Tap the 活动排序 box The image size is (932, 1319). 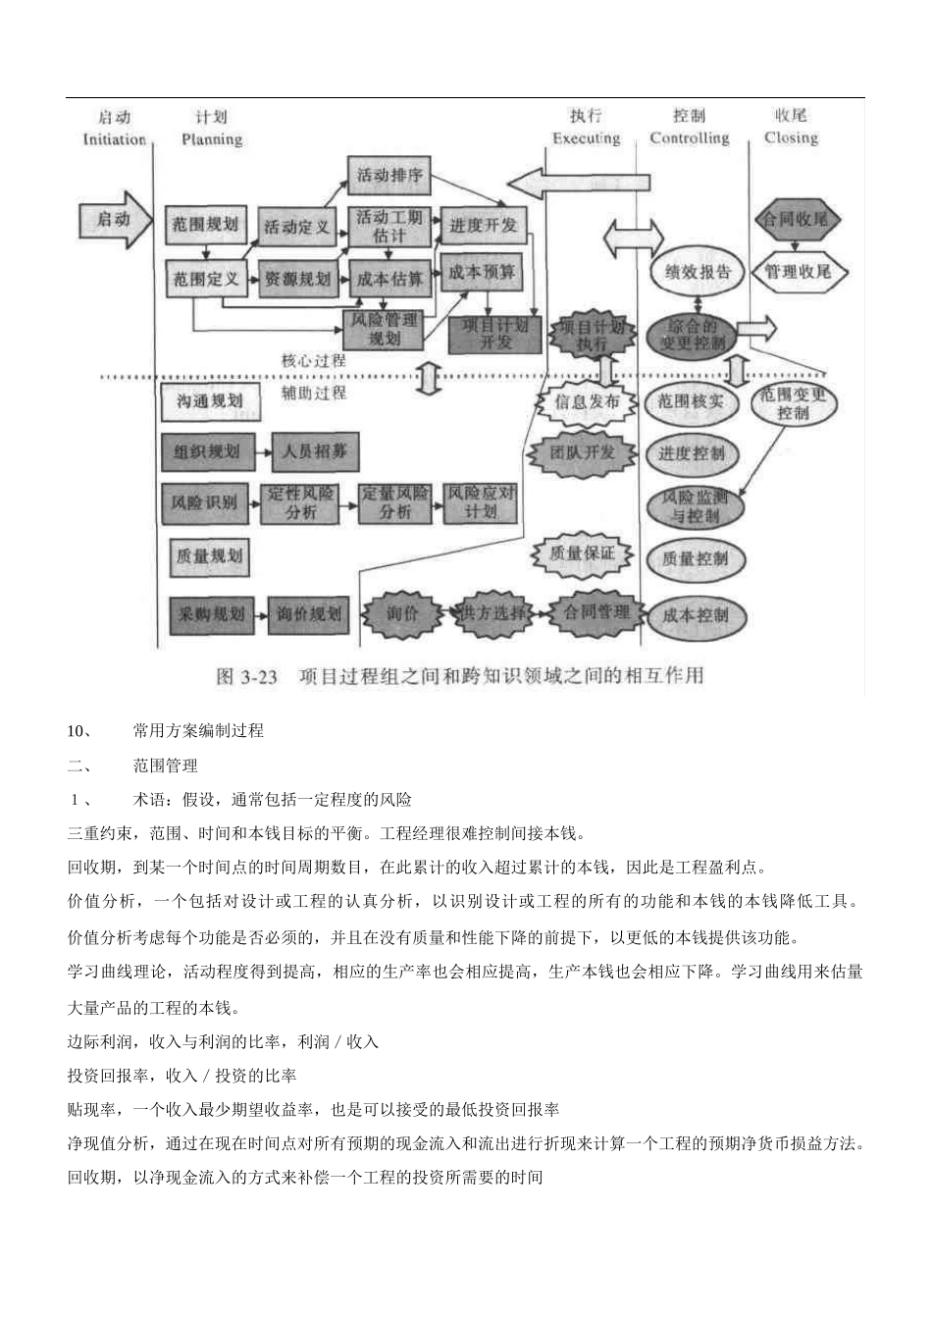coord(389,176)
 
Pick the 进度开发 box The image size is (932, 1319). coord(484,225)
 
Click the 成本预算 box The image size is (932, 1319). coord(483,273)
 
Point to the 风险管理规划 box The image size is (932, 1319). coord(384,329)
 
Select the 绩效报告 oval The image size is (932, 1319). coord(698,272)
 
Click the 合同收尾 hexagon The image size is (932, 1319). coord(797,219)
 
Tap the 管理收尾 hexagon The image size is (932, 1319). coord(798,271)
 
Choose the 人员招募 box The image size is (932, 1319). coord(315,452)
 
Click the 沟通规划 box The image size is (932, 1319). coord(209,401)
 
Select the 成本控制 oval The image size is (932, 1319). coord(696,615)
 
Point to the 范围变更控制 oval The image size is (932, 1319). coord(794,403)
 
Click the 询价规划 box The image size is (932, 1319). coord(308,614)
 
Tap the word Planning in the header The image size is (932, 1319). coord(212,139)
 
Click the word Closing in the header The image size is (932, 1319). coord(791,138)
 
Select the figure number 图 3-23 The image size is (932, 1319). coord(247,676)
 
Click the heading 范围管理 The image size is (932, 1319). coord(165,765)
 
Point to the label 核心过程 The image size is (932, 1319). coord(313,360)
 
